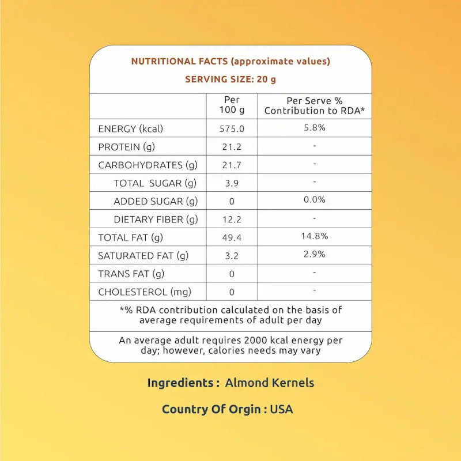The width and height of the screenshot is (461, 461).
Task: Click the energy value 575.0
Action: pos(232,129)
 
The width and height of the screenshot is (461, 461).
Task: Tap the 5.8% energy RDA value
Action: pos(315,127)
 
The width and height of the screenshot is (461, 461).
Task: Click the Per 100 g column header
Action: pos(232,105)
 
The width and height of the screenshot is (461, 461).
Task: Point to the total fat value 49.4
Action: pos(232,237)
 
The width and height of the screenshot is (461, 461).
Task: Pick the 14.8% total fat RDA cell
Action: pos(315,236)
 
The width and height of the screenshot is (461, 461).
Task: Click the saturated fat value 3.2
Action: pos(232,255)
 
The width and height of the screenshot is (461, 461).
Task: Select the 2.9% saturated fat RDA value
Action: pos(315,254)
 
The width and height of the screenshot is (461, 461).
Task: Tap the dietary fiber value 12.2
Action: pos(232,219)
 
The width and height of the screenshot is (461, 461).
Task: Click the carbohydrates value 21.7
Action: pos(232,165)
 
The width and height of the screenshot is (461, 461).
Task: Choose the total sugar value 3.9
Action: pos(232,183)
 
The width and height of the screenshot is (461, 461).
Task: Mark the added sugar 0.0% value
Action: pos(315,199)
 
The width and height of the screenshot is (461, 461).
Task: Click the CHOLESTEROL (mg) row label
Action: pos(145,292)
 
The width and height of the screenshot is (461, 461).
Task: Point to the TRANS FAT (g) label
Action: pos(131,274)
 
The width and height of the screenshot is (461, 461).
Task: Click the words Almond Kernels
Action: pos(270,383)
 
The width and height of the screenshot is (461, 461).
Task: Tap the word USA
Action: pos(281,410)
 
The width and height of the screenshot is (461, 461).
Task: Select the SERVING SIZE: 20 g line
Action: pos(231,80)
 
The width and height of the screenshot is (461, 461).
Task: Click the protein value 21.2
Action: pos(232,146)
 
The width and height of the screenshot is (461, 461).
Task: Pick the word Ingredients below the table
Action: pos(180,383)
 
